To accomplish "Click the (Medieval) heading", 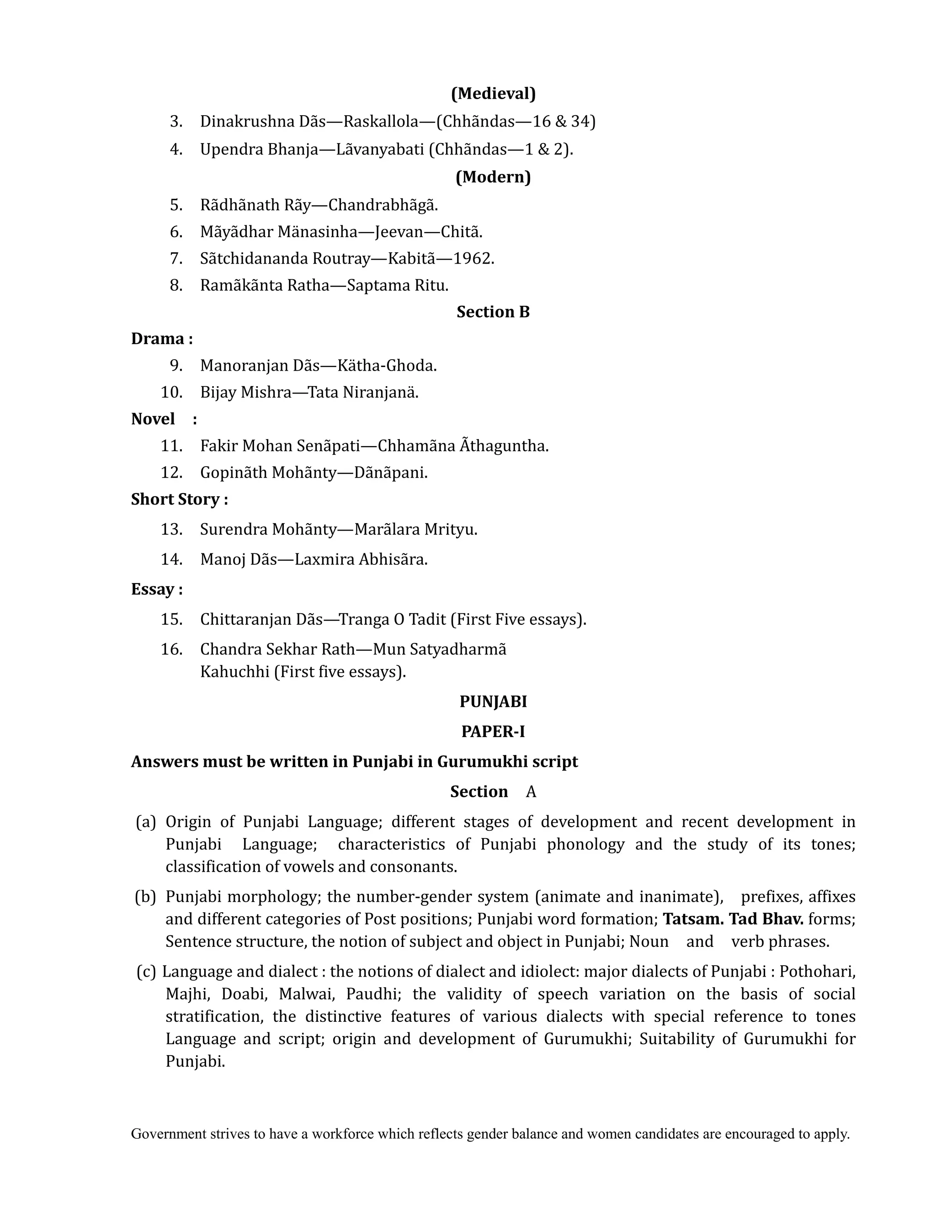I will (x=493, y=94).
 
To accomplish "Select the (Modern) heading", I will (x=493, y=177).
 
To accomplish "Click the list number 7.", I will (x=176, y=258).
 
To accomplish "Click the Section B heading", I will (x=493, y=312).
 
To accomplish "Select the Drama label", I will (x=161, y=339).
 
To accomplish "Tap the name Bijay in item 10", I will (x=218, y=393).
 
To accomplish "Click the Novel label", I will (x=153, y=419).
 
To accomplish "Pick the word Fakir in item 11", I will (x=219, y=446).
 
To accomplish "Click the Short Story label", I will (x=179, y=499).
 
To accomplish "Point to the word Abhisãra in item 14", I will (x=393, y=559).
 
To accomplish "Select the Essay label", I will (x=156, y=589).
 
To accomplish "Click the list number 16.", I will (x=172, y=649).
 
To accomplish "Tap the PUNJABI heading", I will (x=493, y=701).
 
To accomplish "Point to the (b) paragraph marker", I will (x=145, y=897).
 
